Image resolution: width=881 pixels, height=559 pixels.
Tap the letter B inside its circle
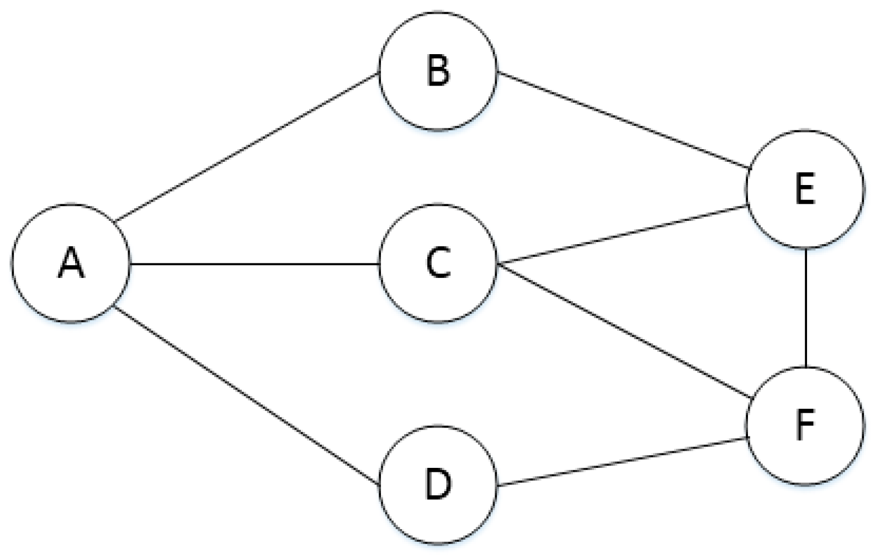[438, 71]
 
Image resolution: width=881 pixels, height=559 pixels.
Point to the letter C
[438, 263]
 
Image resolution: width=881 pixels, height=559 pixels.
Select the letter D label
[438, 484]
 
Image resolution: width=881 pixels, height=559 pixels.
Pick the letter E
[805, 189]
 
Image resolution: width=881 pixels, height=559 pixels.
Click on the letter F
[805, 425]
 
